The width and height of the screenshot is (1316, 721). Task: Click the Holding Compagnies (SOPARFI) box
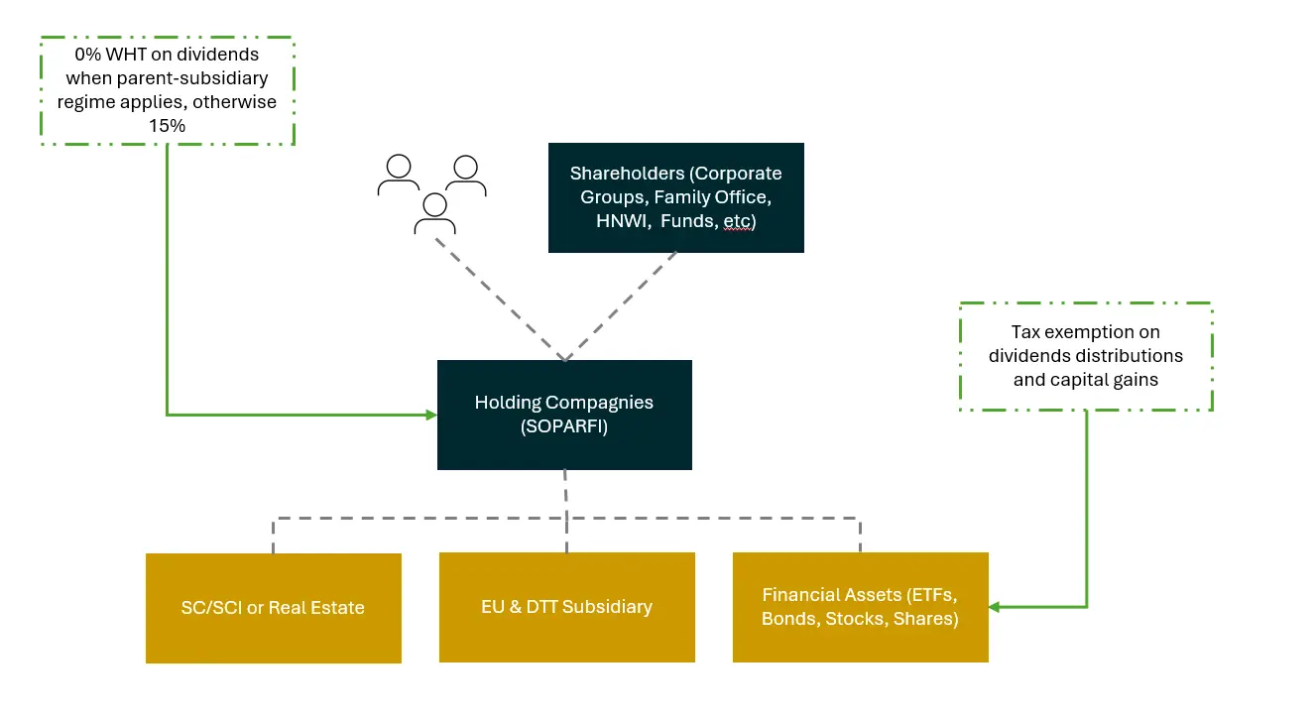tap(564, 415)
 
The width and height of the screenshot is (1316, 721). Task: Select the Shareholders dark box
tap(675, 197)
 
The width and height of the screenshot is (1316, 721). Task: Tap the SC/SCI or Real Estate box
tap(273, 608)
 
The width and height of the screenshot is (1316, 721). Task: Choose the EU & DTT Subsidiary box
tap(566, 607)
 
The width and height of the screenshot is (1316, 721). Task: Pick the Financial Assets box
tap(860, 607)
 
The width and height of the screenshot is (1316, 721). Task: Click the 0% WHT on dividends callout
tap(168, 90)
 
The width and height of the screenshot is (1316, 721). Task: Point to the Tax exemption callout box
tap(1086, 356)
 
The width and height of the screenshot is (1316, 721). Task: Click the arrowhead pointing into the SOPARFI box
tap(431, 415)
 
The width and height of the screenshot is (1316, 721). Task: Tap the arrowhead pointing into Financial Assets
tap(994, 607)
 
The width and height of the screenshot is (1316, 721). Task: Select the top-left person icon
tap(398, 174)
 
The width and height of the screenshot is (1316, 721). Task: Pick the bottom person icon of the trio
tap(433, 212)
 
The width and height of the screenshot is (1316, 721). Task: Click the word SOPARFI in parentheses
tap(564, 426)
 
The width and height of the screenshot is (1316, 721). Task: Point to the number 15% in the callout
tap(168, 127)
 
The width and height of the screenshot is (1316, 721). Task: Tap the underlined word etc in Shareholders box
tap(737, 222)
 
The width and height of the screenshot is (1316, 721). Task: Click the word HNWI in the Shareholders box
tap(616, 222)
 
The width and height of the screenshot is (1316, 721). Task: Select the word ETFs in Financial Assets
tap(932, 595)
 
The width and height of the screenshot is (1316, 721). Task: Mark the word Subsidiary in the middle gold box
tap(606, 607)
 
